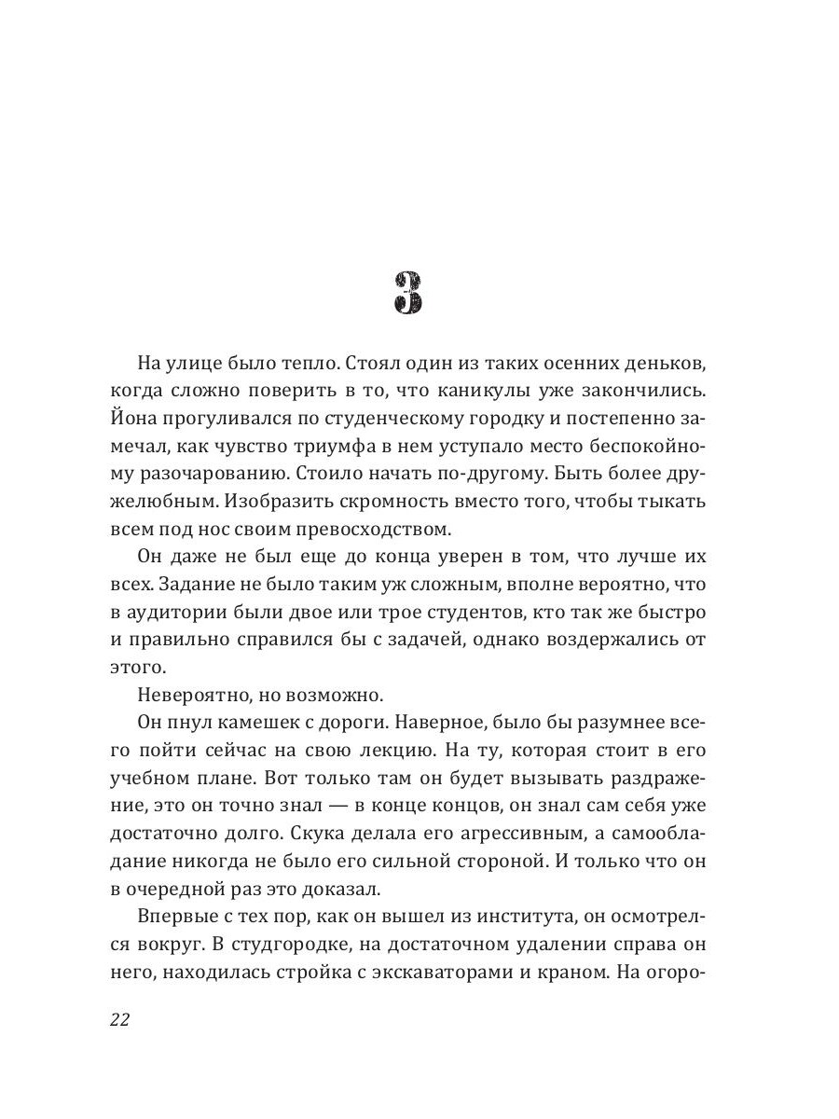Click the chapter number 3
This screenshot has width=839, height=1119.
[x=407, y=294]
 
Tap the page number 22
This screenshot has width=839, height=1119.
[x=119, y=1018]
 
